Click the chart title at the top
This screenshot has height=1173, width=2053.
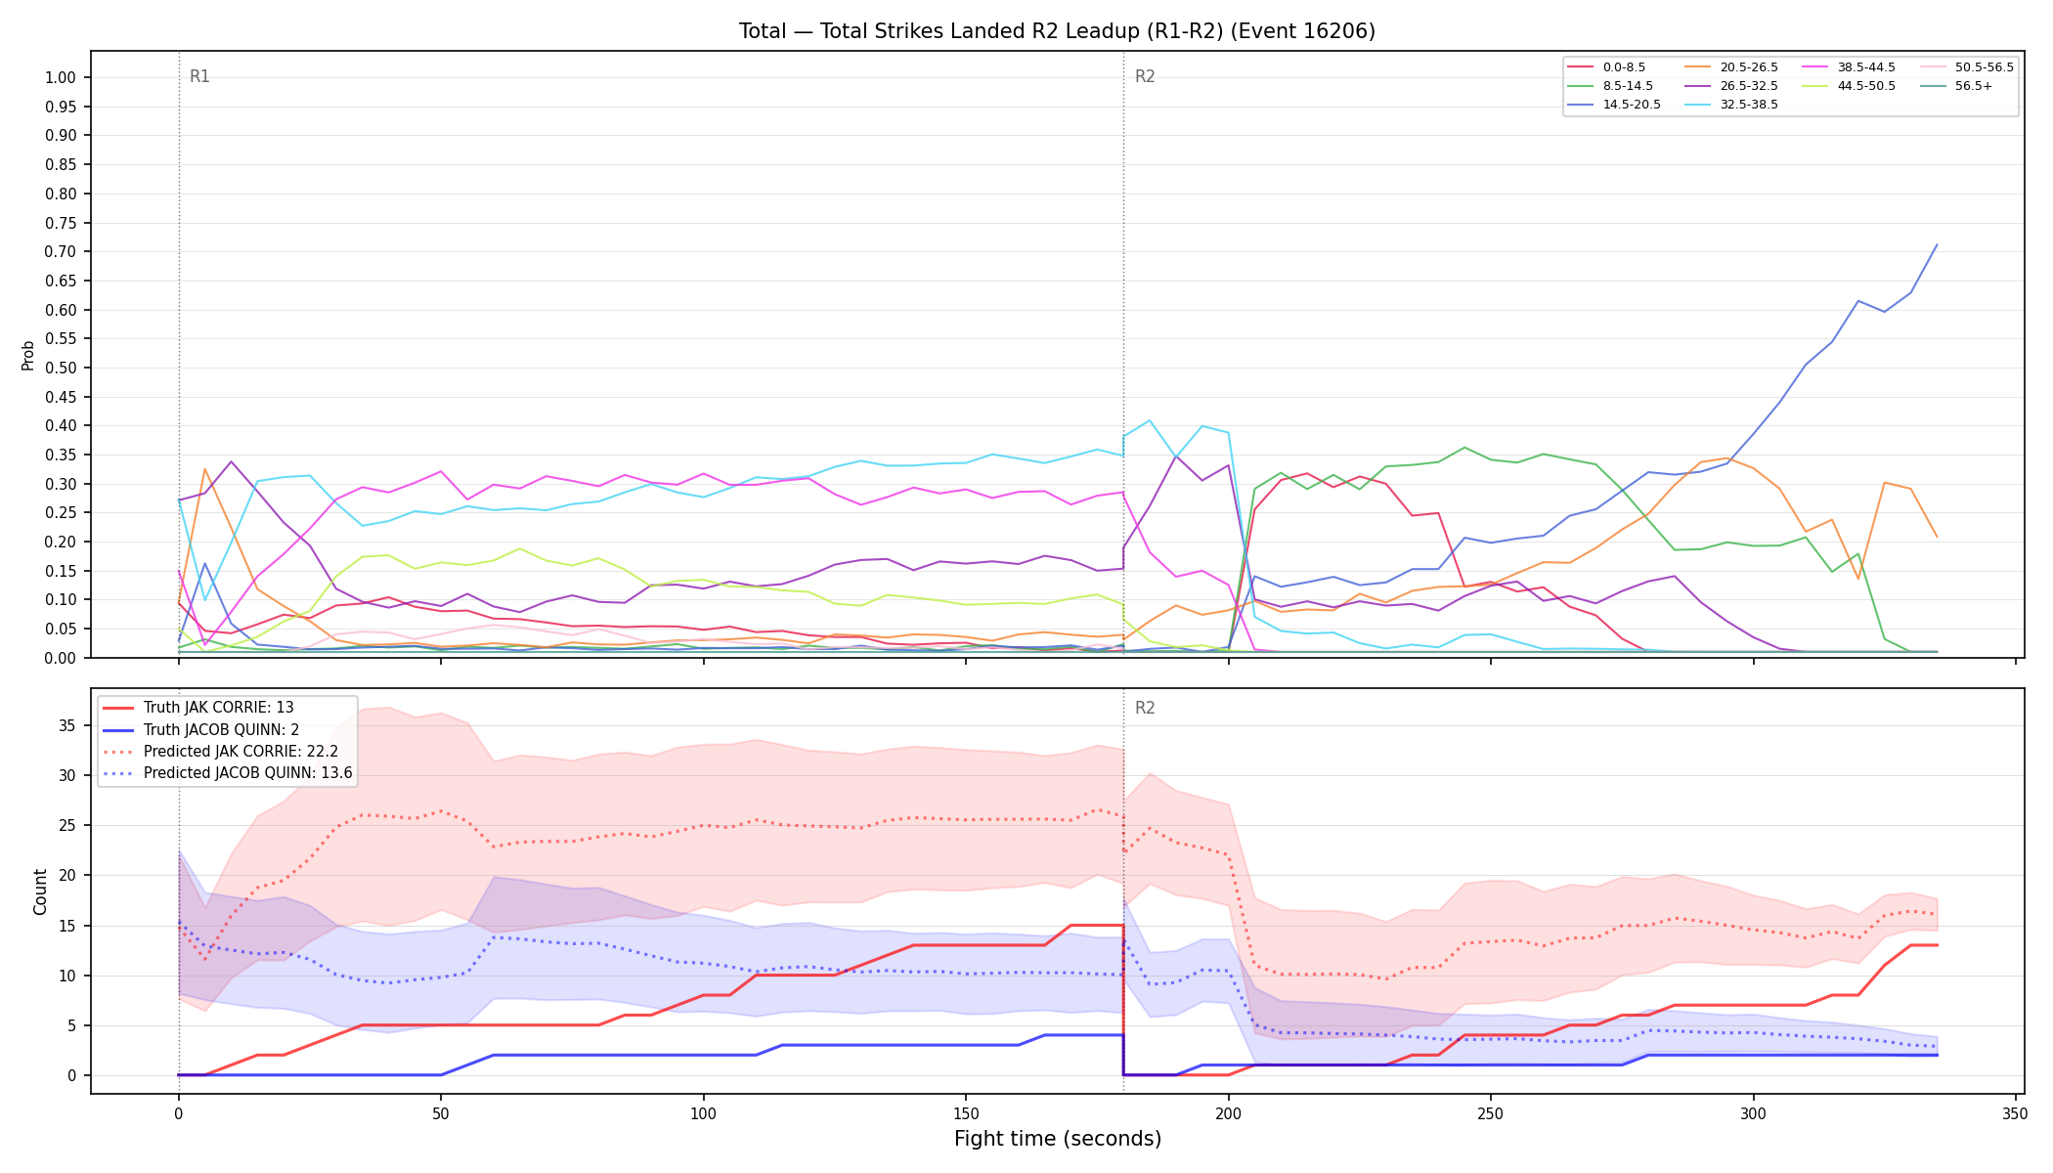click(x=1057, y=31)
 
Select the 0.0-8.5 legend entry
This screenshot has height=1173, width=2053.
click(x=1607, y=67)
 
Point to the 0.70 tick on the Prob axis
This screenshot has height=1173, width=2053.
click(x=61, y=252)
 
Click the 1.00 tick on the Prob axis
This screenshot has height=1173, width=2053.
click(x=61, y=78)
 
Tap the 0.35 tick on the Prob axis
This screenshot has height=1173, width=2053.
click(x=61, y=455)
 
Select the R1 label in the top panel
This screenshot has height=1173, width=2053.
click(x=199, y=77)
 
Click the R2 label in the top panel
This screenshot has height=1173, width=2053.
click(x=1145, y=77)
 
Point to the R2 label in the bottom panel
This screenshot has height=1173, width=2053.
click(x=1145, y=709)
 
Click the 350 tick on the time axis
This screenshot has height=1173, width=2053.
click(x=2016, y=1114)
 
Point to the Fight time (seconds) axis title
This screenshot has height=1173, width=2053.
click(x=1058, y=1140)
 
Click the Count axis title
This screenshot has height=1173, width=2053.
click(x=40, y=891)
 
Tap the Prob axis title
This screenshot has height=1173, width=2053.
click(x=27, y=355)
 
